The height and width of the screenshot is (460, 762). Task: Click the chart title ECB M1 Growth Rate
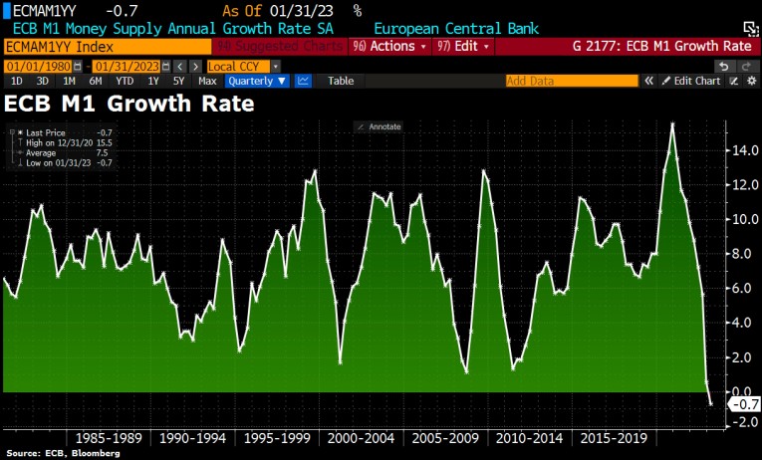pos(129,103)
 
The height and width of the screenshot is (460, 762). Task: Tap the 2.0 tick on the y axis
pos(738,356)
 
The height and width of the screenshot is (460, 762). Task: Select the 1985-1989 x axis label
pos(107,437)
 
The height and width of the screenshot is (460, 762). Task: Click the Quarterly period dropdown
pos(256,81)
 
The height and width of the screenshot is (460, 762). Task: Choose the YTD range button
pos(124,81)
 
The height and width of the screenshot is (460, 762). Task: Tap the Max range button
pos(207,81)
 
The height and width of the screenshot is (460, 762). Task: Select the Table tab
pos(340,81)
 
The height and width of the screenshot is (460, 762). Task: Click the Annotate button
pos(379,126)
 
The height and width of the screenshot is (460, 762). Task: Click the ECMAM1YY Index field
pos(108,47)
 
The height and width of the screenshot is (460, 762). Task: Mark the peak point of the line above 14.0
pos(673,123)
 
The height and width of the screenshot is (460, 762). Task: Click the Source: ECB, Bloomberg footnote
pos(62,453)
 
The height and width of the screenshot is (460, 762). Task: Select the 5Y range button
pos(178,81)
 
